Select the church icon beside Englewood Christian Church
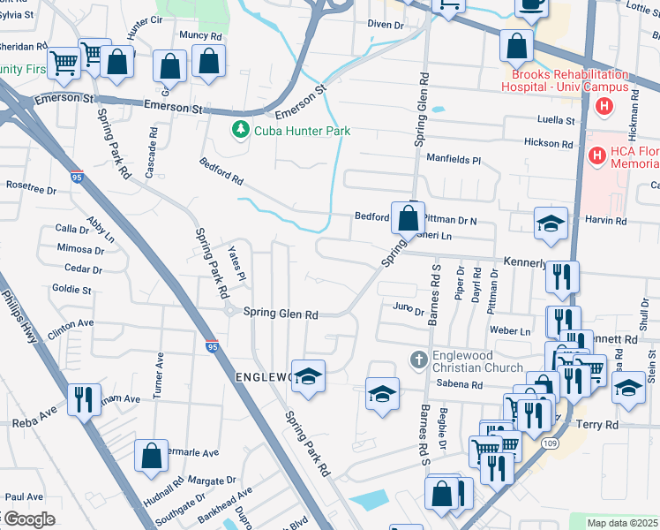(x=420, y=360)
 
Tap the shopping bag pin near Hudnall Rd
(x=152, y=456)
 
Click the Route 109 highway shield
(x=551, y=442)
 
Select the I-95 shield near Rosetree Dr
(x=78, y=177)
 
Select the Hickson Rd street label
(x=547, y=143)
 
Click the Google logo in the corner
(x=29, y=519)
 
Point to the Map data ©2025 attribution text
(x=622, y=523)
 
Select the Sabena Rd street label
(x=460, y=385)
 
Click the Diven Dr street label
(x=385, y=25)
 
